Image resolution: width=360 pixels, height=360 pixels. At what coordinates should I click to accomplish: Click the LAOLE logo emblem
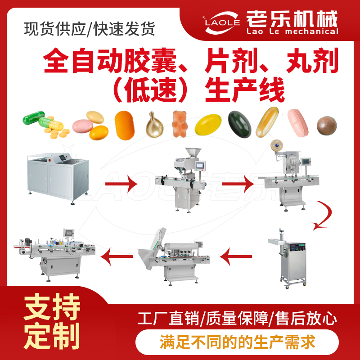point(221,23)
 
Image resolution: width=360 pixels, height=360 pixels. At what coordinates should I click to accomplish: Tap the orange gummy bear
point(180,124)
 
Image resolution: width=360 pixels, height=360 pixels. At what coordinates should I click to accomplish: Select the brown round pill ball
point(327,126)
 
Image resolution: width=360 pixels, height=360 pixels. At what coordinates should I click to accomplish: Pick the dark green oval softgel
point(239,124)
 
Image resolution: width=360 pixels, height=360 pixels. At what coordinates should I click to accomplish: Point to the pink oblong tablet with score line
point(298,123)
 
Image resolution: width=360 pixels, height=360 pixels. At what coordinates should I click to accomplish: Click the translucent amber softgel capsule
point(267,122)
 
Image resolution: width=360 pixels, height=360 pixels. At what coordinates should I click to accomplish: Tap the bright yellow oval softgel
point(208,125)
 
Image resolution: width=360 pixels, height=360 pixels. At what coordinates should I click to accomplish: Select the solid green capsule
point(33,117)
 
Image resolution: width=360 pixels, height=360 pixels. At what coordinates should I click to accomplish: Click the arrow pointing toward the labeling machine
point(117,256)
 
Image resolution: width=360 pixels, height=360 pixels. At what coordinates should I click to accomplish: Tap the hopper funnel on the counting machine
point(193,153)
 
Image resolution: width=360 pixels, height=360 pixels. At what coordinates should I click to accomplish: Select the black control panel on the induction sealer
point(297,247)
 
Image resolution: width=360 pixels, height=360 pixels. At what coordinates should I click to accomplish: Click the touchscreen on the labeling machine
point(69,233)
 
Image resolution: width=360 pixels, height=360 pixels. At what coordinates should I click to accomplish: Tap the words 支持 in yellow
point(52,306)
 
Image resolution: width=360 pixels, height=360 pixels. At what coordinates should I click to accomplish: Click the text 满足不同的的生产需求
point(238,342)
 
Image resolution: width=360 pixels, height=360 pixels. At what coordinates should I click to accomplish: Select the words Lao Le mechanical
point(292,31)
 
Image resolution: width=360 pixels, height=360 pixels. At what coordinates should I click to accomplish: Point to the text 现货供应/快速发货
point(90,29)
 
